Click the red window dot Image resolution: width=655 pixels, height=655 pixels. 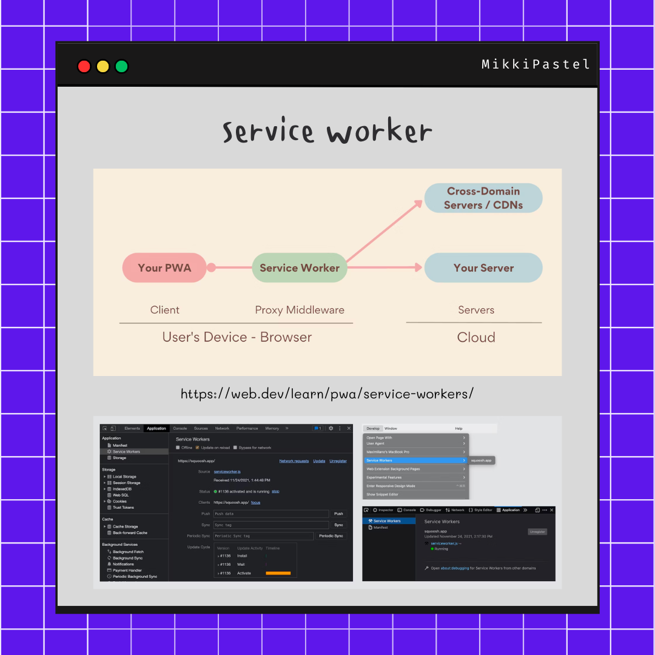(84, 66)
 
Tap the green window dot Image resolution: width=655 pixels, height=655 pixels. (122, 66)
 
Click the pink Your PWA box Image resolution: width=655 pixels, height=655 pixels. (164, 267)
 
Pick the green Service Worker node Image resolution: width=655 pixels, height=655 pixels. (300, 267)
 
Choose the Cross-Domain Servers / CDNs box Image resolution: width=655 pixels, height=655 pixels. (483, 198)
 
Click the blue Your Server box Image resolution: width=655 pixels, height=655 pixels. (483, 267)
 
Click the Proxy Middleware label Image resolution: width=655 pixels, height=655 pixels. (300, 310)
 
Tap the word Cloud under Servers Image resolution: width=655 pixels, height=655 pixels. (476, 337)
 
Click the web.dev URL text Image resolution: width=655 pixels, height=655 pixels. (327, 394)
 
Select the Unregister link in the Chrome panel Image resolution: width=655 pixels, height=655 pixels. (338, 461)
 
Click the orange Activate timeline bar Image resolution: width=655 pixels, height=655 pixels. (278, 573)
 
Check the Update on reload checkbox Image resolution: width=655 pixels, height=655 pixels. (197, 448)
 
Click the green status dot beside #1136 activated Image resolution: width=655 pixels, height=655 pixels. (215, 491)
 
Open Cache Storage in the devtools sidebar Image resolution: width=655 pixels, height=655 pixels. (125, 526)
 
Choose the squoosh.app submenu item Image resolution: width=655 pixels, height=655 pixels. (482, 460)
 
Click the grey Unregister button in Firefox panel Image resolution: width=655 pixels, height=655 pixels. (537, 532)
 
